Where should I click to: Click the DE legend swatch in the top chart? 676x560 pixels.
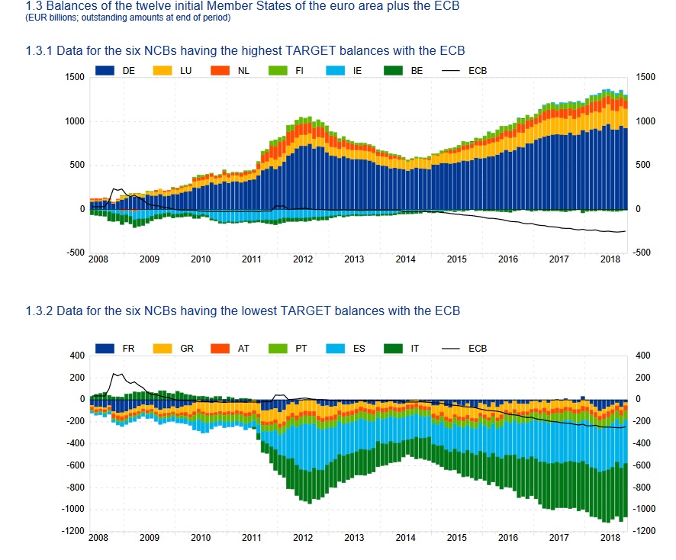pos(105,71)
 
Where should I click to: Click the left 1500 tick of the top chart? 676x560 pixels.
pos(74,77)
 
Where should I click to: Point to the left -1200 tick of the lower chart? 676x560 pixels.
pos(72,531)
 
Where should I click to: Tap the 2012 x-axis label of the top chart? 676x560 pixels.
pos(303,259)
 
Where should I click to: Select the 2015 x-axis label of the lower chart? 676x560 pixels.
pos(456,538)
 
